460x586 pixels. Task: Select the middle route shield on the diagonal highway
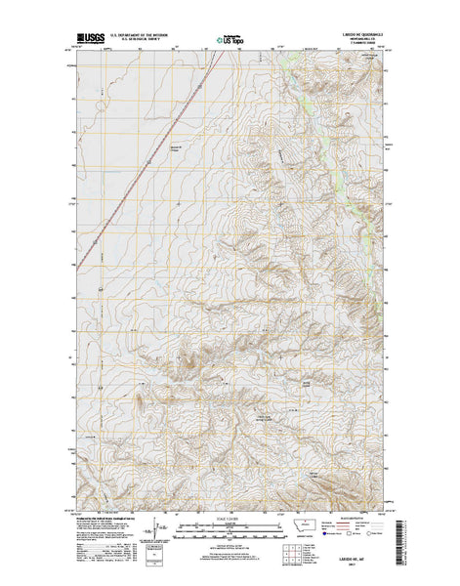pos(148,161)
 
